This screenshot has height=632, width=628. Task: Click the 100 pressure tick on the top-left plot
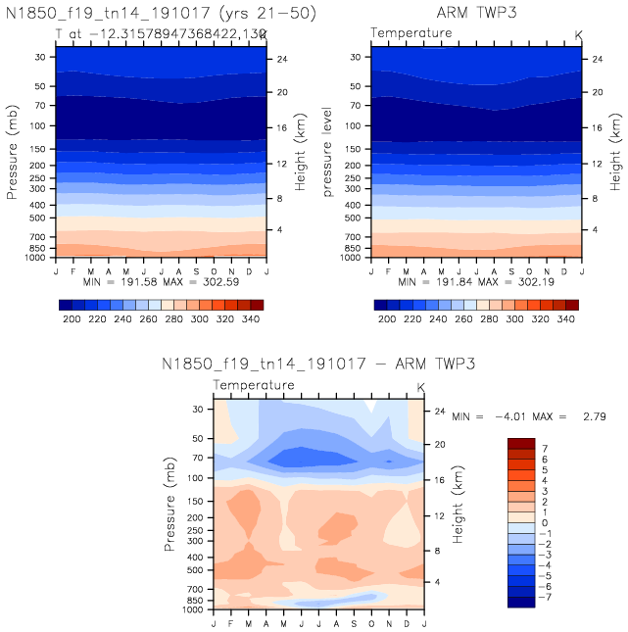(39, 125)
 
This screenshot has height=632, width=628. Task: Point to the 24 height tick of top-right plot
(594, 59)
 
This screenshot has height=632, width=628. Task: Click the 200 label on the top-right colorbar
(386, 320)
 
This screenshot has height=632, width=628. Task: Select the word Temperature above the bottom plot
(254, 385)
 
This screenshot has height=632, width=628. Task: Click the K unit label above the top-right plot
(577, 35)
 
